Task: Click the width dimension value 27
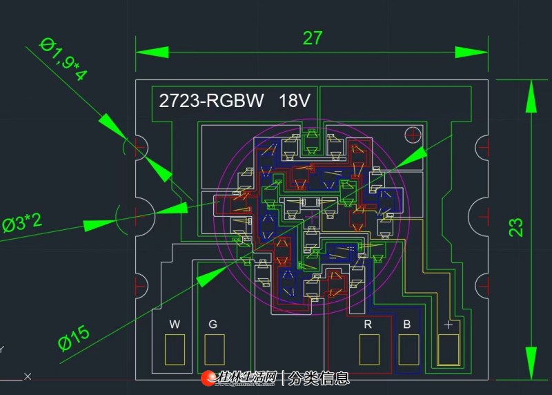tap(313, 38)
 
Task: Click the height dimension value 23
tap(515, 227)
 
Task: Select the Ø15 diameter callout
tap(74, 338)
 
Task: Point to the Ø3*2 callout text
tap(22, 224)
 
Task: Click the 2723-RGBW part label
tap(211, 101)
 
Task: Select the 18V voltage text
tap(295, 101)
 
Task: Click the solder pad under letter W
tap(175, 349)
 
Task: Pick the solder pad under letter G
tap(215, 349)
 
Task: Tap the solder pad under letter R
tap(369, 349)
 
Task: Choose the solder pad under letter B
tap(408, 349)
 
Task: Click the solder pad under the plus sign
tap(448, 349)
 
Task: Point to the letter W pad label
tap(175, 324)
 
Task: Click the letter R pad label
tap(368, 324)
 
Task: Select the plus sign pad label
tap(448, 325)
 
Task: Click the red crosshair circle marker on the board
tap(413, 135)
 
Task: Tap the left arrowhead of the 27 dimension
tap(152, 52)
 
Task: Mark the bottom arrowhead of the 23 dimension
tap(531, 363)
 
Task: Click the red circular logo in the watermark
tap(208, 378)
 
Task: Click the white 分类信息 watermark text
tap(319, 378)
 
